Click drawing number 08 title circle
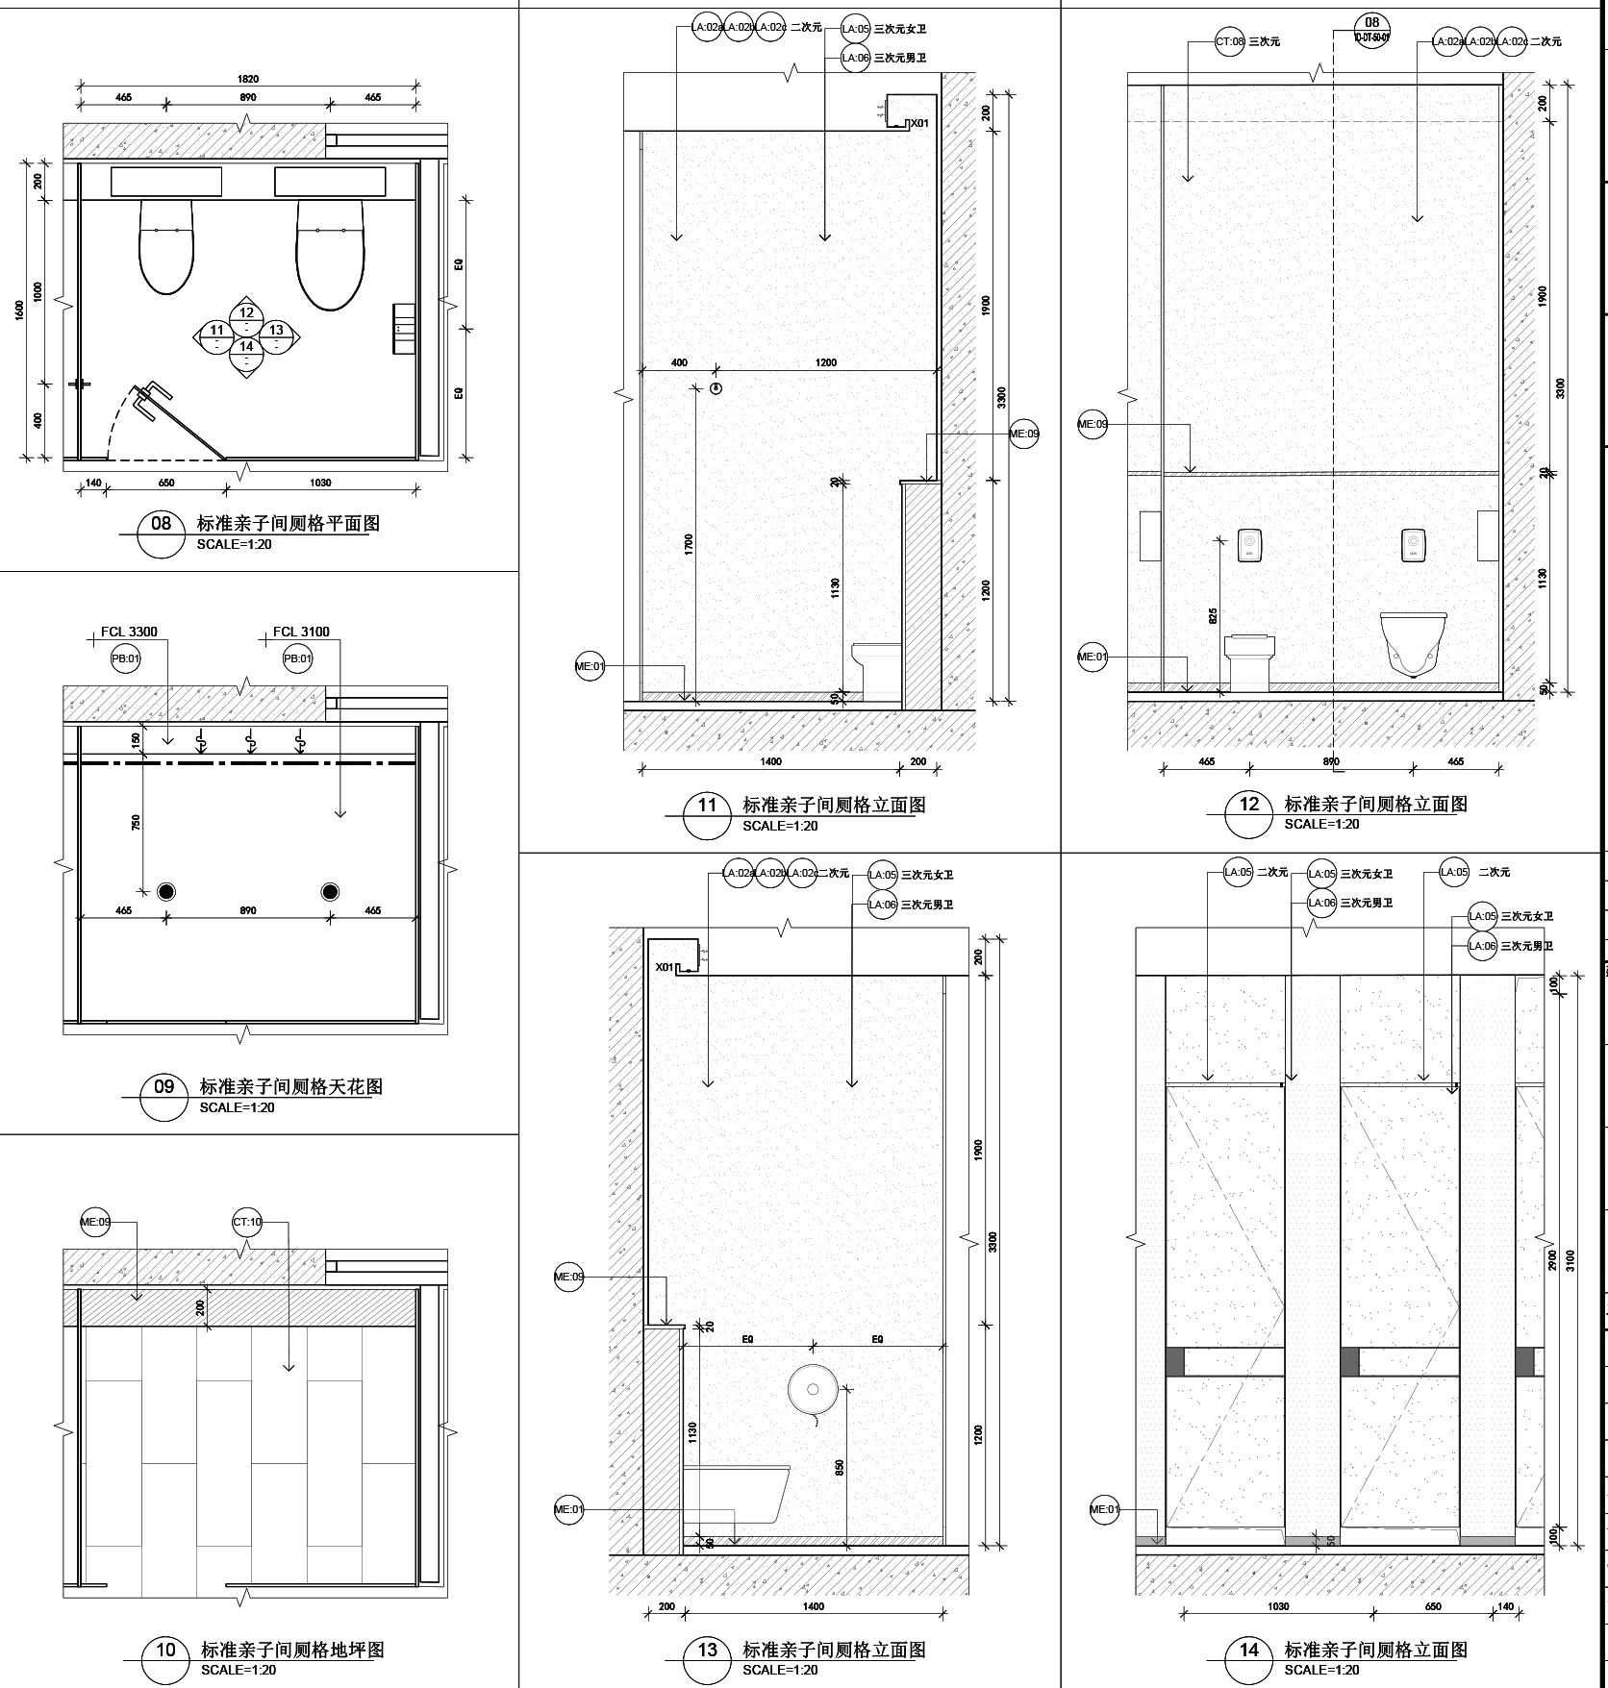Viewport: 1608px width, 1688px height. (x=161, y=524)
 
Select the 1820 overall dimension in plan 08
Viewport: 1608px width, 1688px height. (x=247, y=79)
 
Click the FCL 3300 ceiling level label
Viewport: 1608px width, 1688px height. (x=129, y=632)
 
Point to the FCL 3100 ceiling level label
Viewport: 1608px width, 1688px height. (x=300, y=632)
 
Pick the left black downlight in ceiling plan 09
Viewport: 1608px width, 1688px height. (x=166, y=892)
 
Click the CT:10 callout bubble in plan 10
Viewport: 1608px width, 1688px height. (x=247, y=1223)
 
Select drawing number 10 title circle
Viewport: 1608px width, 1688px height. (x=165, y=1650)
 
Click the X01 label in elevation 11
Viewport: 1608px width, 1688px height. (x=920, y=123)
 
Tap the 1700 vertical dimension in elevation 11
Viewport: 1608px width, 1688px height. (x=689, y=544)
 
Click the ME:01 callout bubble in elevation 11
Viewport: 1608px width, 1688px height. (x=590, y=666)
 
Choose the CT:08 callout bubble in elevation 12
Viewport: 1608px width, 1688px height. (x=1230, y=42)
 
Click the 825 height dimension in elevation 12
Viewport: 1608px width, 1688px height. (x=1213, y=614)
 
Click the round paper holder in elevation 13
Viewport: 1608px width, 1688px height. (x=809, y=1389)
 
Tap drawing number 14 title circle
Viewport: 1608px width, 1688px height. (x=1248, y=1650)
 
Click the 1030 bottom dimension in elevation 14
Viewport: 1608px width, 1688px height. (x=1278, y=1606)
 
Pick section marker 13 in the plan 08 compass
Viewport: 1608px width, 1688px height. (x=277, y=332)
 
